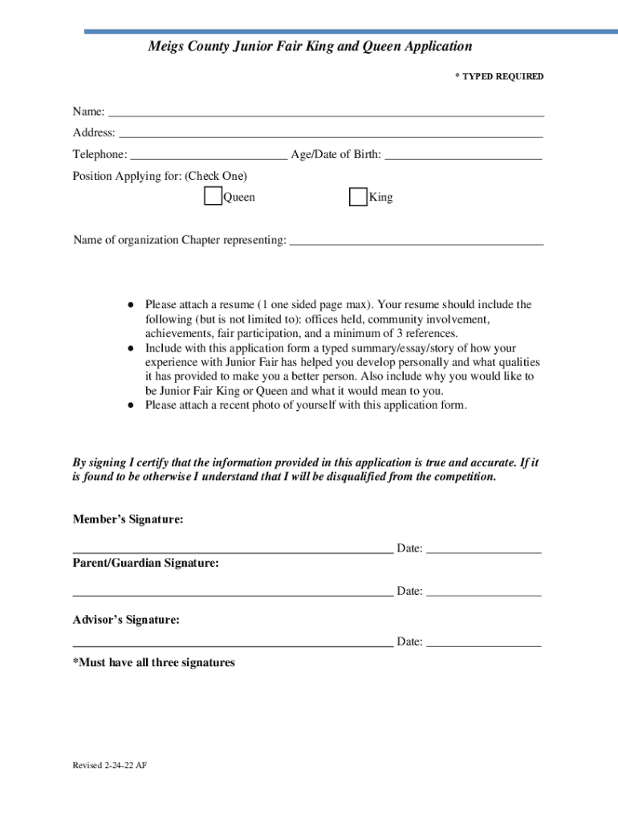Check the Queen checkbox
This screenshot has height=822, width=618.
213,197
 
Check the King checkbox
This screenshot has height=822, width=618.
358,197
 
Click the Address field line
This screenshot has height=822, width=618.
331,132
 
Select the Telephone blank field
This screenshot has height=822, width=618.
209,154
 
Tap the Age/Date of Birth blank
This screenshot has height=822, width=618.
463,154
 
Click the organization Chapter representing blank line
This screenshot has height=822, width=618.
416,239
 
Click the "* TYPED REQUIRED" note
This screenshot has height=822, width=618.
499,77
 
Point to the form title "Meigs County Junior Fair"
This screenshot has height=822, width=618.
310,47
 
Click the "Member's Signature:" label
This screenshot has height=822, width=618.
128,520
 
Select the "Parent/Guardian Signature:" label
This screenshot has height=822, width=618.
146,564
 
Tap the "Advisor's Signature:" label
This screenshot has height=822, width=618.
126,621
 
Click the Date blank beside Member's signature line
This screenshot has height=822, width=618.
483,548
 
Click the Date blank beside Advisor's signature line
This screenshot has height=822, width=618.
483,641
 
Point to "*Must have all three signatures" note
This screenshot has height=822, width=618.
154,663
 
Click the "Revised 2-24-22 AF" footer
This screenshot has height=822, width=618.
110,766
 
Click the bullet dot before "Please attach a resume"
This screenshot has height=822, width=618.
129,305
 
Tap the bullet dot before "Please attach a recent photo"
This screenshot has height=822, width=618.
129,405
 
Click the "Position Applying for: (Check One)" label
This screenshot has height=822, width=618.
160,176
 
